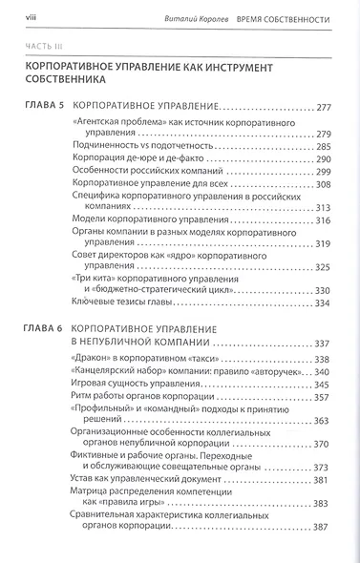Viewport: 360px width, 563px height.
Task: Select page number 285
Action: pyautogui.click(x=327, y=148)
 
